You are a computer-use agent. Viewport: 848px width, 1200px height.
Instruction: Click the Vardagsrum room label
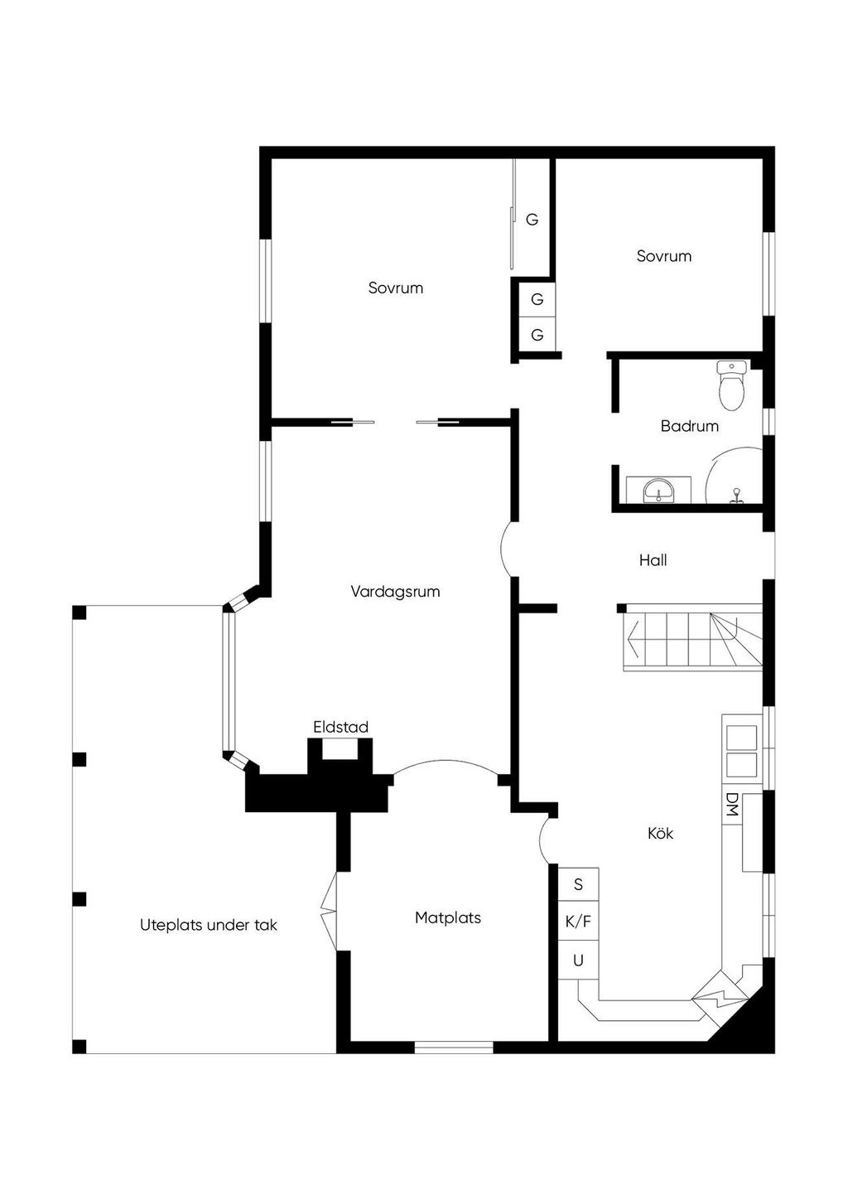[x=395, y=592]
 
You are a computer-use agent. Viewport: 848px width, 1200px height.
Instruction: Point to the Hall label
[x=653, y=560]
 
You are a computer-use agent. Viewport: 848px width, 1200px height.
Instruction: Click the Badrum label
[x=689, y=426]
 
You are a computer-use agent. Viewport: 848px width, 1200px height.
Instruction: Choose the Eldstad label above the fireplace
[x=340, y=727]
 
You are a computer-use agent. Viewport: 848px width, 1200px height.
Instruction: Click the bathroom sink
[x=658, y=490]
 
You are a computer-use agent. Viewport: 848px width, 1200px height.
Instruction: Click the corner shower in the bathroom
[x=734, y=476]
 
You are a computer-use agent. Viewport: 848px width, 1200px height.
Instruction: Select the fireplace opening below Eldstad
[x=340, y=748]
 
